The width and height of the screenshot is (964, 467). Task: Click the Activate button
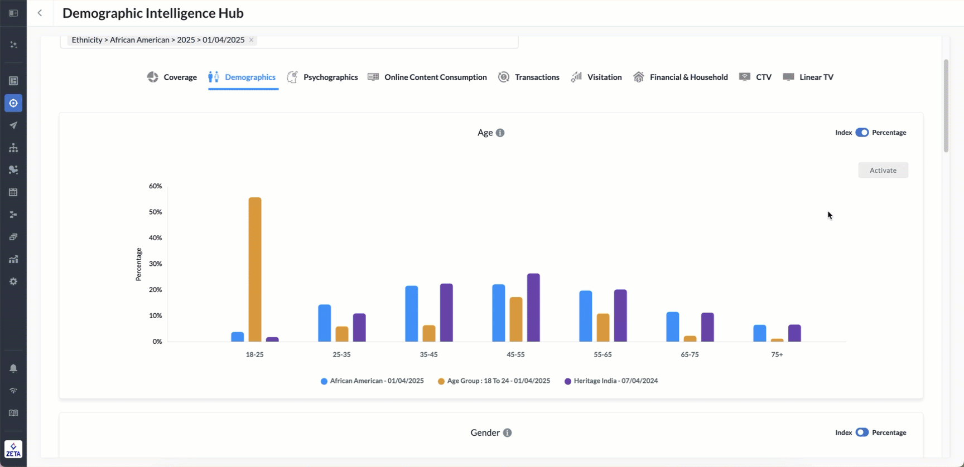(883, 170)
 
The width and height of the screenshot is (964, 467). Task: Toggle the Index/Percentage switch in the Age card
(862, 133)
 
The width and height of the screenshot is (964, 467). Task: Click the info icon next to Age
(500, 133)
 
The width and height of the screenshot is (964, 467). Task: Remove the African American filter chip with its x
(252, 40)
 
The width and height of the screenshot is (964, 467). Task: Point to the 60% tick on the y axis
(155, 186)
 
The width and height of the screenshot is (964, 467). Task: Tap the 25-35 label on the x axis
(341, 354)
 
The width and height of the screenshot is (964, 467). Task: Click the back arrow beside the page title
(40, 13)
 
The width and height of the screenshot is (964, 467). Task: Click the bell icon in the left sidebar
(13, 368)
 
